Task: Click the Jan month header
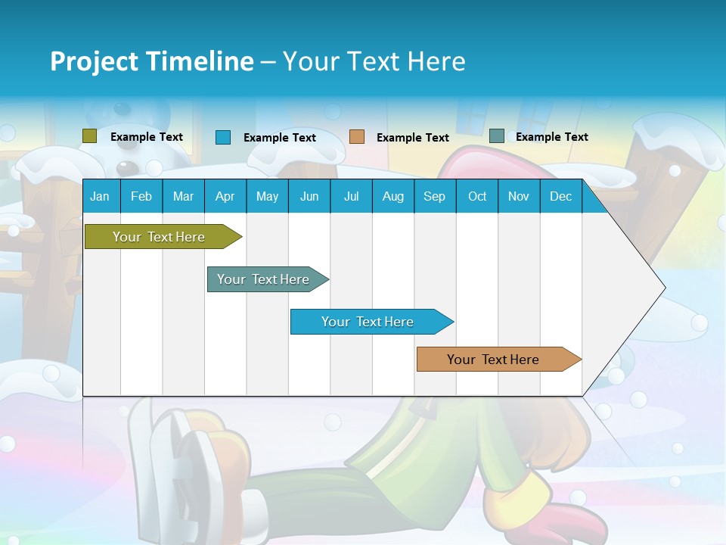(x=100, y=197)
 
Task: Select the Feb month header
(x=141, y=197)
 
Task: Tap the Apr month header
(x=225, y=197)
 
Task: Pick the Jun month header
(x=309, y=197)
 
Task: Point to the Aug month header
(x=392, y=197)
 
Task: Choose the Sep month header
(x=434, y=197)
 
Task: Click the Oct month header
(x=477, y=197)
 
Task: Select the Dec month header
(x=560, y=197)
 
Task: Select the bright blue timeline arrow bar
(x=368, y=322)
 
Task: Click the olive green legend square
(x=90, y=136)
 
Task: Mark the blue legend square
(x=223, y=137)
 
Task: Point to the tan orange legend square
(x=357, y=137)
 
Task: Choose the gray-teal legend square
(x=497, y=136)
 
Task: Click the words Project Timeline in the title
(x=152, y=61)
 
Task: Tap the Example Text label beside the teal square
(x=551, y=137)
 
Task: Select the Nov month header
(x=519, y=197)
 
